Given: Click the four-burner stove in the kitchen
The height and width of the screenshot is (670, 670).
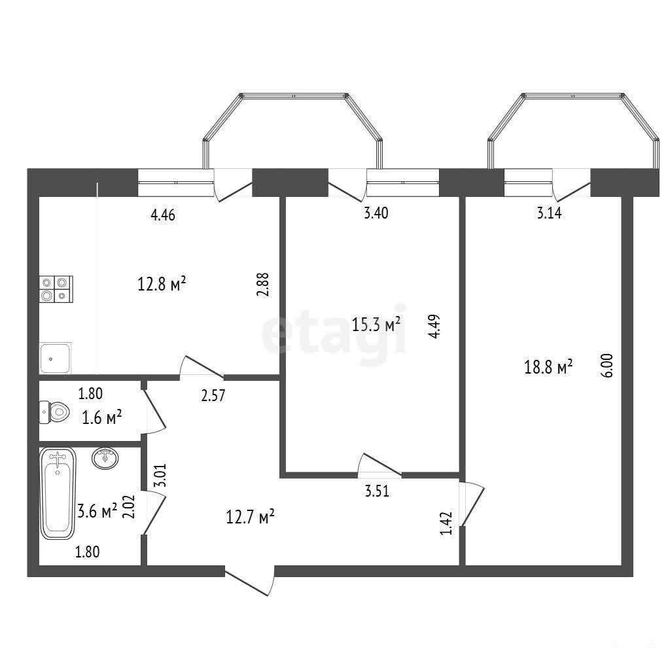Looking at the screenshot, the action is [x=56, y=289].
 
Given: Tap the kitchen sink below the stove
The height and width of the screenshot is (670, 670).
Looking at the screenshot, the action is [x=55, y=358].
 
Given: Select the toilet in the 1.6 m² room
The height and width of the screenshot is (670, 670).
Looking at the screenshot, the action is [x=55, y=412].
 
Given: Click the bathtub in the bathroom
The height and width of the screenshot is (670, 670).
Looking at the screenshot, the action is [x=58, y=493].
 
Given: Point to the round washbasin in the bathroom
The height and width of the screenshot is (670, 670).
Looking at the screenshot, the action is [x=105, y=458].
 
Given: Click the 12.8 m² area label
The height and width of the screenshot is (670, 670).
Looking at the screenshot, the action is [x=162, y=283].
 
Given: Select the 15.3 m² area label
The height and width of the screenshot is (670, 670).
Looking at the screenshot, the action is [x=376, y=325].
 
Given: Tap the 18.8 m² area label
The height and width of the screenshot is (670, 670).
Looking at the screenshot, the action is [x=548, y=366].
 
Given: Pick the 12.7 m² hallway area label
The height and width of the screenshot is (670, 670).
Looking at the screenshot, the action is [x=250, y=517].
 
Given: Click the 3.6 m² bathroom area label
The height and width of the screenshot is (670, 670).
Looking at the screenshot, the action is [x=97, y=510].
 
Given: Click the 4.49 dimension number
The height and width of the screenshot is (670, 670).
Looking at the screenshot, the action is [x=434, y=326].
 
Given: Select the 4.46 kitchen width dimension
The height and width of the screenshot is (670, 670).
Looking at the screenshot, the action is [x=163, y=215].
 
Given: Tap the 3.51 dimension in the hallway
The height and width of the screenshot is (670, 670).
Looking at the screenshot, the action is [x=377, y=491].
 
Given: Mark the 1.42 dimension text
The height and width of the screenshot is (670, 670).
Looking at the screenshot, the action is [x=446, y=523].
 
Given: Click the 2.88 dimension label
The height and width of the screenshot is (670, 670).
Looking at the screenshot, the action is [x=263, y=285].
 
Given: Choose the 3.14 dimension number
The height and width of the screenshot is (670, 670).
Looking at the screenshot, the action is [x=549, y=213].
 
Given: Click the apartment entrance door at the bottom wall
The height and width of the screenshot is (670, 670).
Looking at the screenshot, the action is [x=249, y=581].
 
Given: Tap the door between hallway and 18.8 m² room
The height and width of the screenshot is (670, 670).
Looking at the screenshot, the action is [x=472, y=503].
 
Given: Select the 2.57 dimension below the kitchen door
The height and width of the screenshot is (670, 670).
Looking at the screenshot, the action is [x=213, y=395].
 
